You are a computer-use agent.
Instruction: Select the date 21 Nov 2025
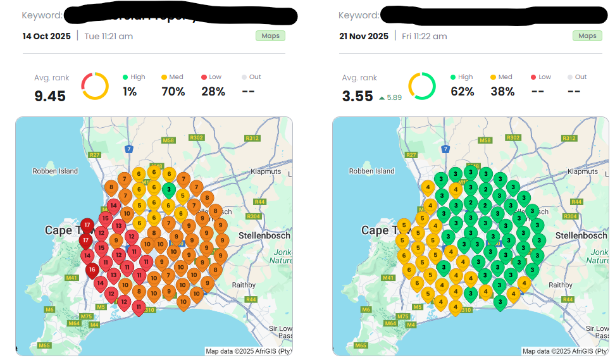point(364,36)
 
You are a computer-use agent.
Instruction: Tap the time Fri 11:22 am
point(424,36)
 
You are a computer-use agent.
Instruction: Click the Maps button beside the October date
point(270,36)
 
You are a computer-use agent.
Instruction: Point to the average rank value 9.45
point(50,96)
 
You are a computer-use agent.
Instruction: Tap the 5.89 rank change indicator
point(390,97)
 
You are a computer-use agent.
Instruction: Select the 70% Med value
point(173,92)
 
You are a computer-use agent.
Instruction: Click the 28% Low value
point(213,92)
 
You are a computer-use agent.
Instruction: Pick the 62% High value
point(462,92)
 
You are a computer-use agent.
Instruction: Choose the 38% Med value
point(502,92)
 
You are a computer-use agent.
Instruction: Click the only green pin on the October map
point(169,189)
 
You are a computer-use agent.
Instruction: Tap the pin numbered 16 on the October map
point(92,270)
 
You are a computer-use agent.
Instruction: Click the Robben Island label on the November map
point(372,171)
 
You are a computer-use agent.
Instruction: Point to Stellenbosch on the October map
point(264,235)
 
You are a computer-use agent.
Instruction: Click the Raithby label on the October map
point(244,285)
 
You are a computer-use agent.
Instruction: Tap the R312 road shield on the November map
point(569,138)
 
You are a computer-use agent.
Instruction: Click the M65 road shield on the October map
point(44,345)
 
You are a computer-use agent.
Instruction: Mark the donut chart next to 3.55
point(421,86)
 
